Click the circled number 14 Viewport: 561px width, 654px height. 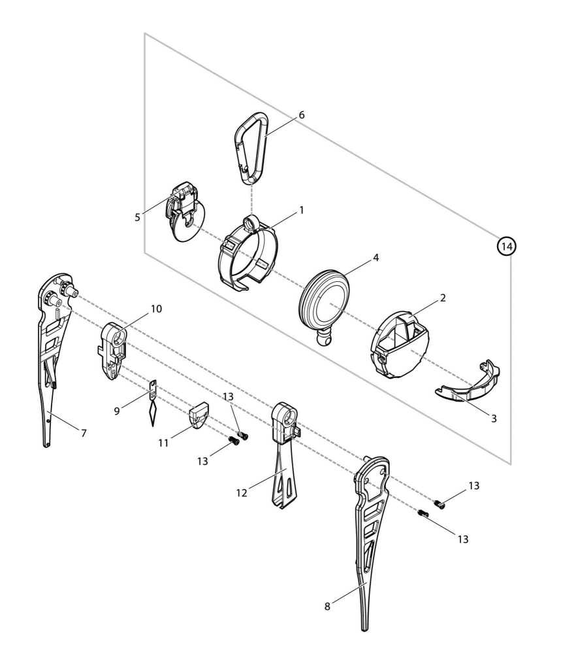pyautogui.click(x=506, y=246)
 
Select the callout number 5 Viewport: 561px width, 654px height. pyautogui.click(x=137, y=217)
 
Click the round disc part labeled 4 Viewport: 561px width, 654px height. pyautogui.click(x=324, y=300)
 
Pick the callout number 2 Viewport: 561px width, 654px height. pyautogui.click(x=443, y=298)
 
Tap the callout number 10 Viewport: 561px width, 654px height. pyautogui.click(x=156, y=309)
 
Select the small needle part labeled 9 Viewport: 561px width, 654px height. pyautogui.click(x=153, y=404)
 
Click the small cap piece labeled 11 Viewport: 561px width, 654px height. pyautogui.click(x=199, y=415)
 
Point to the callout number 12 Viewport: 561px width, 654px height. pyautogui.click(x=242, y=492)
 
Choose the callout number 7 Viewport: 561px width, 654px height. pyautogui.click(x=84, y=433)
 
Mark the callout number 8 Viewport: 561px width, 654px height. pyautogui.click(x=327, y=606)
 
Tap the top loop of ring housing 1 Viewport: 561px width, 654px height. pyautogui.click(x=251, y=222)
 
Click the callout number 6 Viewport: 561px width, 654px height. pyautogui.click(x=302, y=114)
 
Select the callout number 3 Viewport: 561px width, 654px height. pyautogui.click(x=494, y=419)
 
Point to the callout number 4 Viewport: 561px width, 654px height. pyautogui.click(x=376, y=258)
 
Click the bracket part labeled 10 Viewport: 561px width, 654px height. pyautogui.click(x=113, y=351)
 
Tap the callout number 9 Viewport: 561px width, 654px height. pyautogui.click(x=117, y=411)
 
